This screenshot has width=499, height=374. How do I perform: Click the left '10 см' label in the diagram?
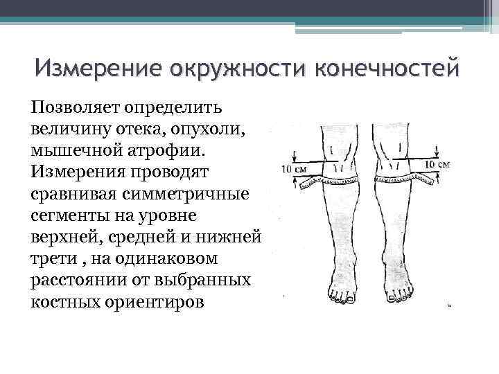coord(291,168)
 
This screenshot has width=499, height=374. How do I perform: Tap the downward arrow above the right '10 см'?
coord(438,152)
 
